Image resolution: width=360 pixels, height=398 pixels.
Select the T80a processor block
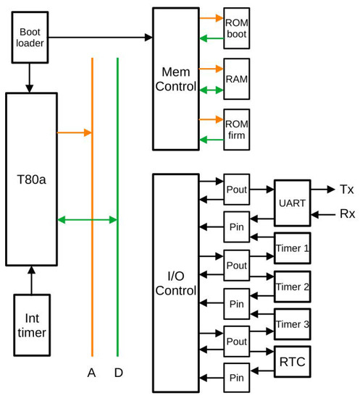[31, 177]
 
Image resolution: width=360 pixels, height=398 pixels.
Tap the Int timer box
[31, 326]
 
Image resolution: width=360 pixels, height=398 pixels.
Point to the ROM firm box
[237, 128]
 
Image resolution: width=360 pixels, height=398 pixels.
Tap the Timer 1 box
[292, 247]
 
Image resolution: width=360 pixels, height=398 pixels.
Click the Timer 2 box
[292, 287]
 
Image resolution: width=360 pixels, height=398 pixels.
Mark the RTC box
[291, 363]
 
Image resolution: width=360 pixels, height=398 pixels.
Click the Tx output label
[346, 189]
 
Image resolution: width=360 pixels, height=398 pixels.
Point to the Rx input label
[346, 214]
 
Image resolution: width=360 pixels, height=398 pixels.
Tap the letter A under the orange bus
[91, 373]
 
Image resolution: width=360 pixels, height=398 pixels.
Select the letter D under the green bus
[117, 373]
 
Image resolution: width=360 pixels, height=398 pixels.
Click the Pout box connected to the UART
[237, 190]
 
